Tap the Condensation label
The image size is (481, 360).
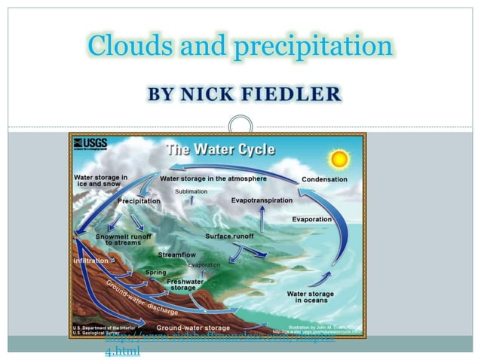pos(324,179)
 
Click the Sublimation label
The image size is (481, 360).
pos(191,192)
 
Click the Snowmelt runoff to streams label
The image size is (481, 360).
pos(124,239)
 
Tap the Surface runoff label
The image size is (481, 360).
pos(229,236)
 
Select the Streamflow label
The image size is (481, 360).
pos(176,255)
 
